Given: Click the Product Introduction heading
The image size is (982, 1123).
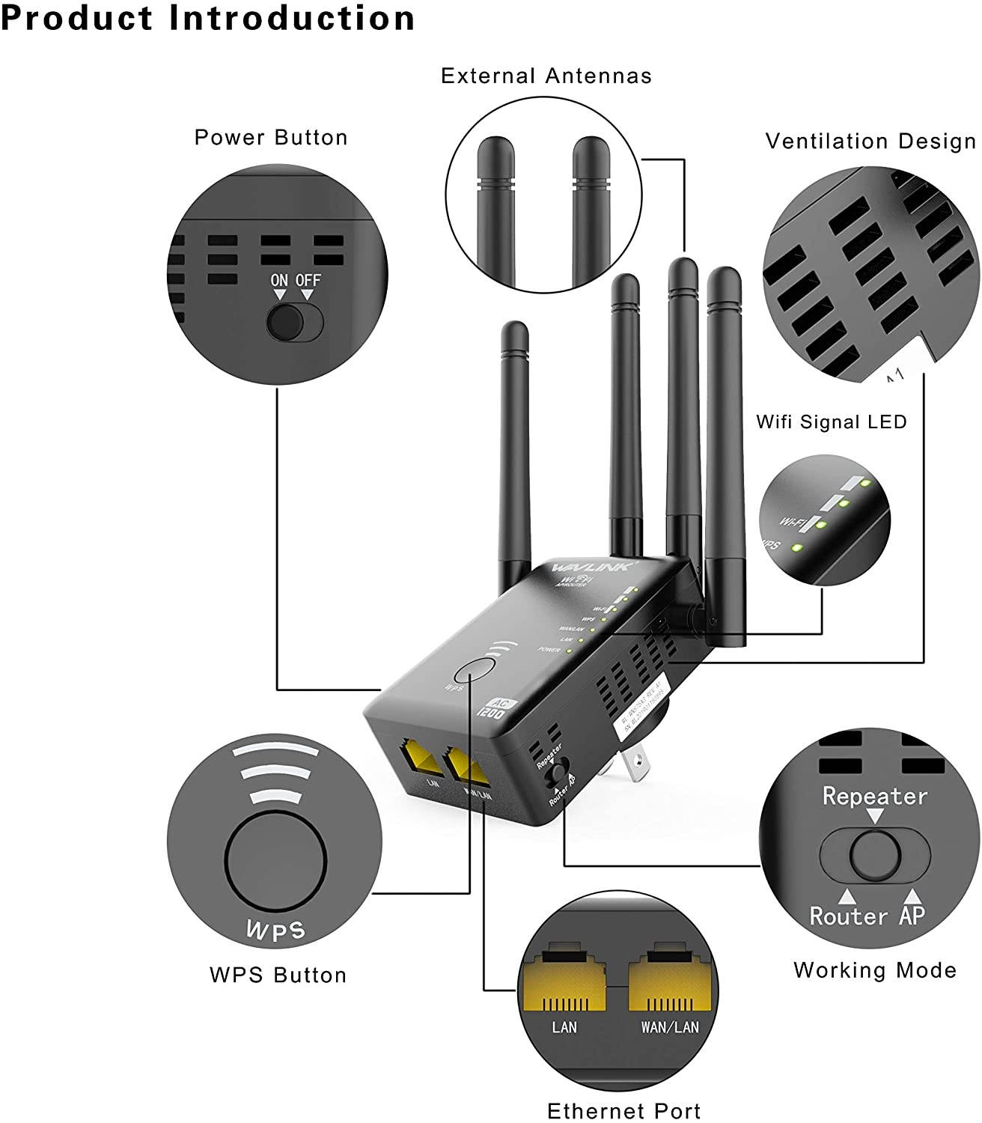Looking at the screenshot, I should click(208, 18).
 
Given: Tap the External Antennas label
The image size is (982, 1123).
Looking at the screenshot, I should click(546, 76).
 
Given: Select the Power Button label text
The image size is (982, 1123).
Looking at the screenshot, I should click(271, 138).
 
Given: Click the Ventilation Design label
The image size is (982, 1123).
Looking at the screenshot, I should click(870, 141).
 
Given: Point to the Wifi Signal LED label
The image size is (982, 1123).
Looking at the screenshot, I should click(831, 421).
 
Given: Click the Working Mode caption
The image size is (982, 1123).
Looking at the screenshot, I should click(874, 970).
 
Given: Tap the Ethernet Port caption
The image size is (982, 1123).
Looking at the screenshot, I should click(624, 1110).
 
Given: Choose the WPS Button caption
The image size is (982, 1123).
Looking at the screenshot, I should click(278, 975).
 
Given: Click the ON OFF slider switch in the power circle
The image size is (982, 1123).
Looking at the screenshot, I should click(295, 323).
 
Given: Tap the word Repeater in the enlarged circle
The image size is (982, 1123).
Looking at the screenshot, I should click(874, 796).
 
